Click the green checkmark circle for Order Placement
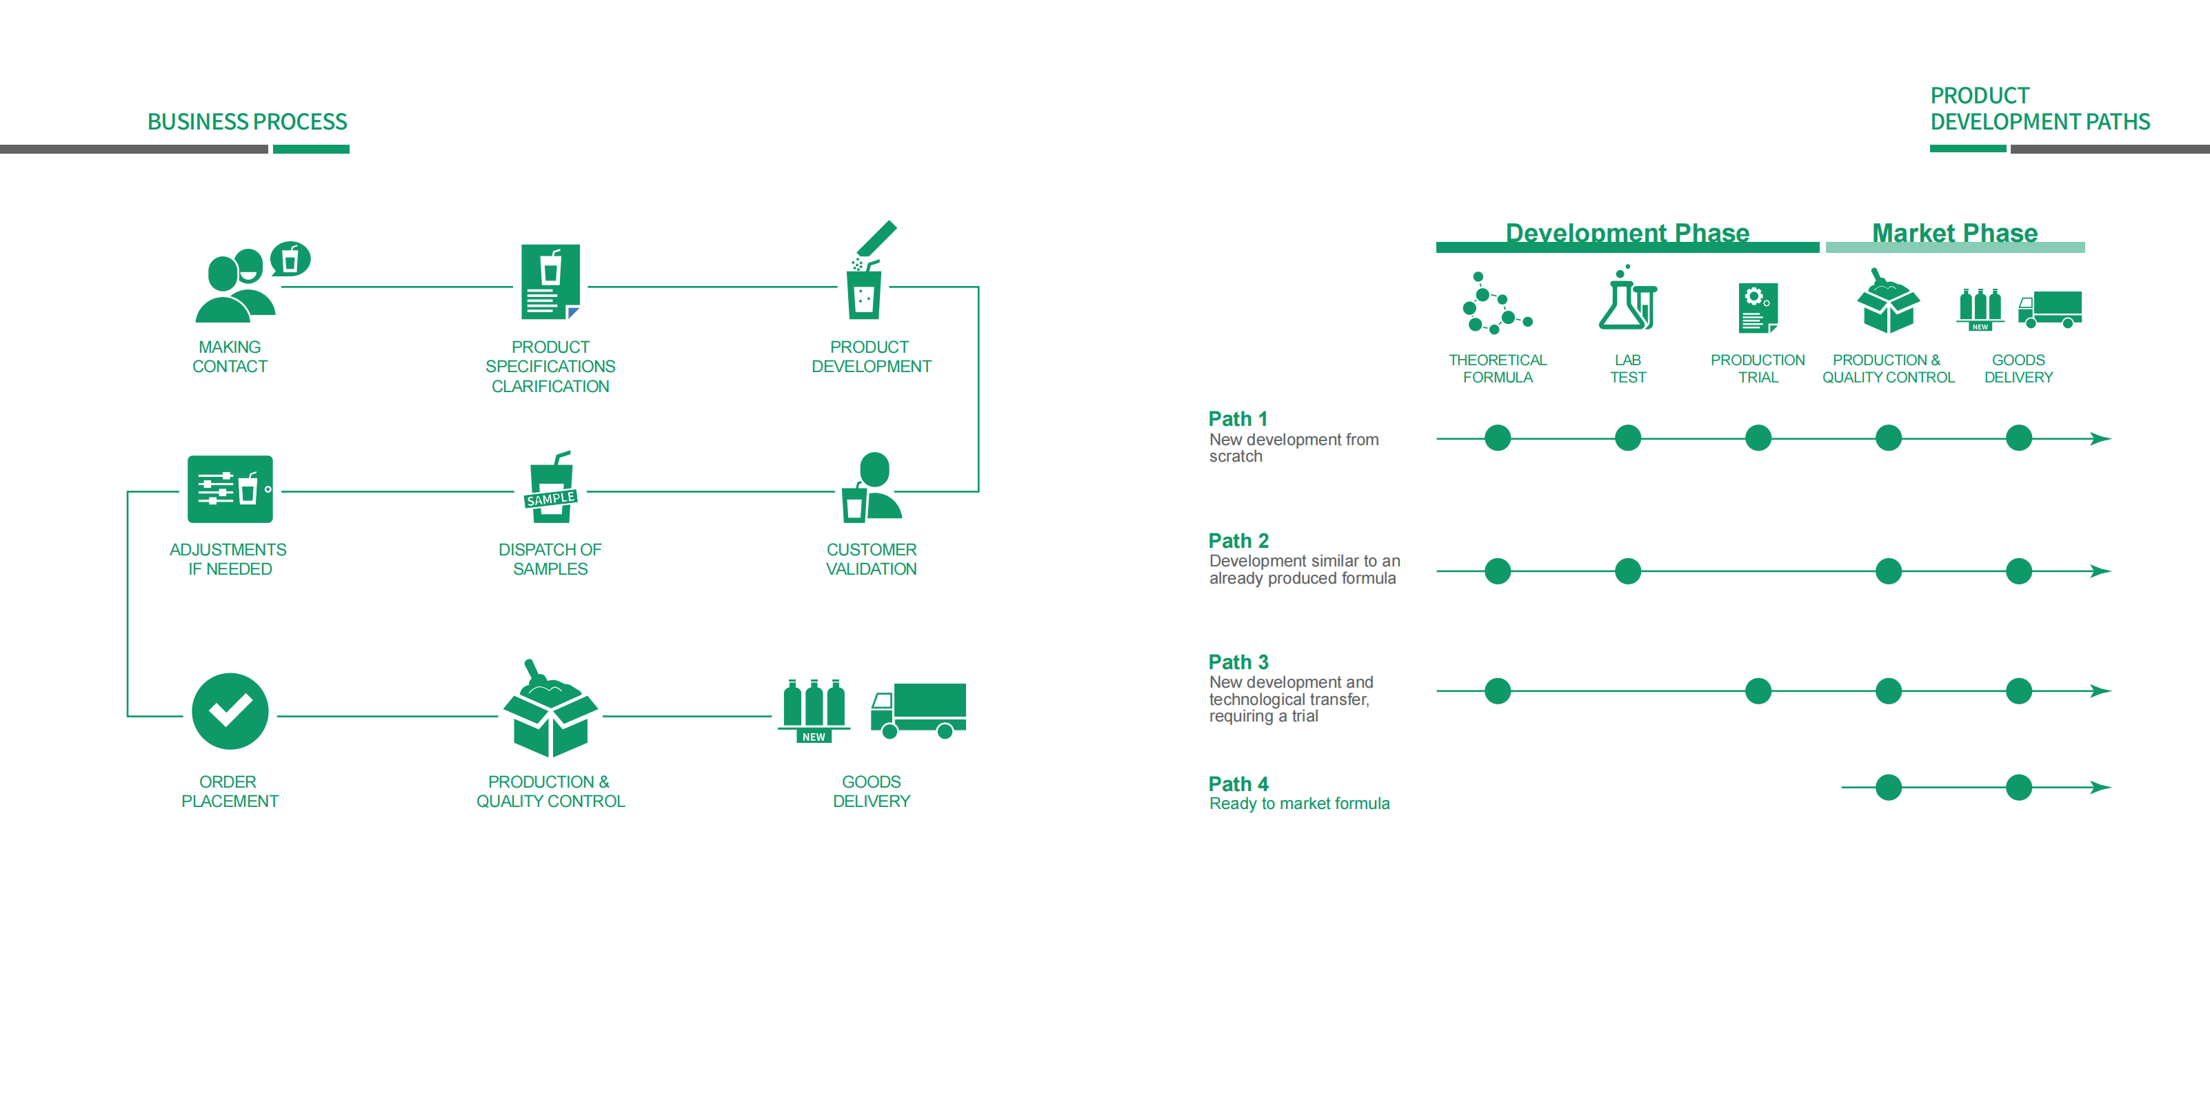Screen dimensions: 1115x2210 [x=230, y=711]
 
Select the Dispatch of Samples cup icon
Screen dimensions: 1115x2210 [x=551, y=488]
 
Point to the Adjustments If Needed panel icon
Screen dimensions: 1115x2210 [x=230, y=489]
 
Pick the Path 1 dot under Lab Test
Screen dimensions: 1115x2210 [x=1627, y=438]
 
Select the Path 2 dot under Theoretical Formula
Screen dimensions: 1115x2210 [x=1497, y=571]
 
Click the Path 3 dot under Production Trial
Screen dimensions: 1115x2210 [x=1758, y=691]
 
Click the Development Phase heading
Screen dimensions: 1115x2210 [x=1627, y=232]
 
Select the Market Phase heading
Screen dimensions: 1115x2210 [x=1954, y=232]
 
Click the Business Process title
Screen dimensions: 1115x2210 [x=247, y=122]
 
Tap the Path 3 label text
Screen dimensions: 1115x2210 [x=1238, y=662]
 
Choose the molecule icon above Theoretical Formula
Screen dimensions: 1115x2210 [x=1496, y=304]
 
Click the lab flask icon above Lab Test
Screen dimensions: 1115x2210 [x=1627, y=300]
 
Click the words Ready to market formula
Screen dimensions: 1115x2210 [x=1299, y=804]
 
